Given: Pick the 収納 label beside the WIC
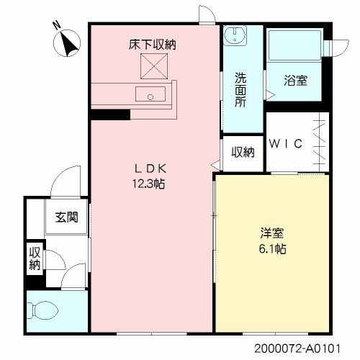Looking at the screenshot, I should [x=243, y=152].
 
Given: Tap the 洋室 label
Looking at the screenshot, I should [x=271, y=233].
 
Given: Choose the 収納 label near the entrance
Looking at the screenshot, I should [x=35, y=258].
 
